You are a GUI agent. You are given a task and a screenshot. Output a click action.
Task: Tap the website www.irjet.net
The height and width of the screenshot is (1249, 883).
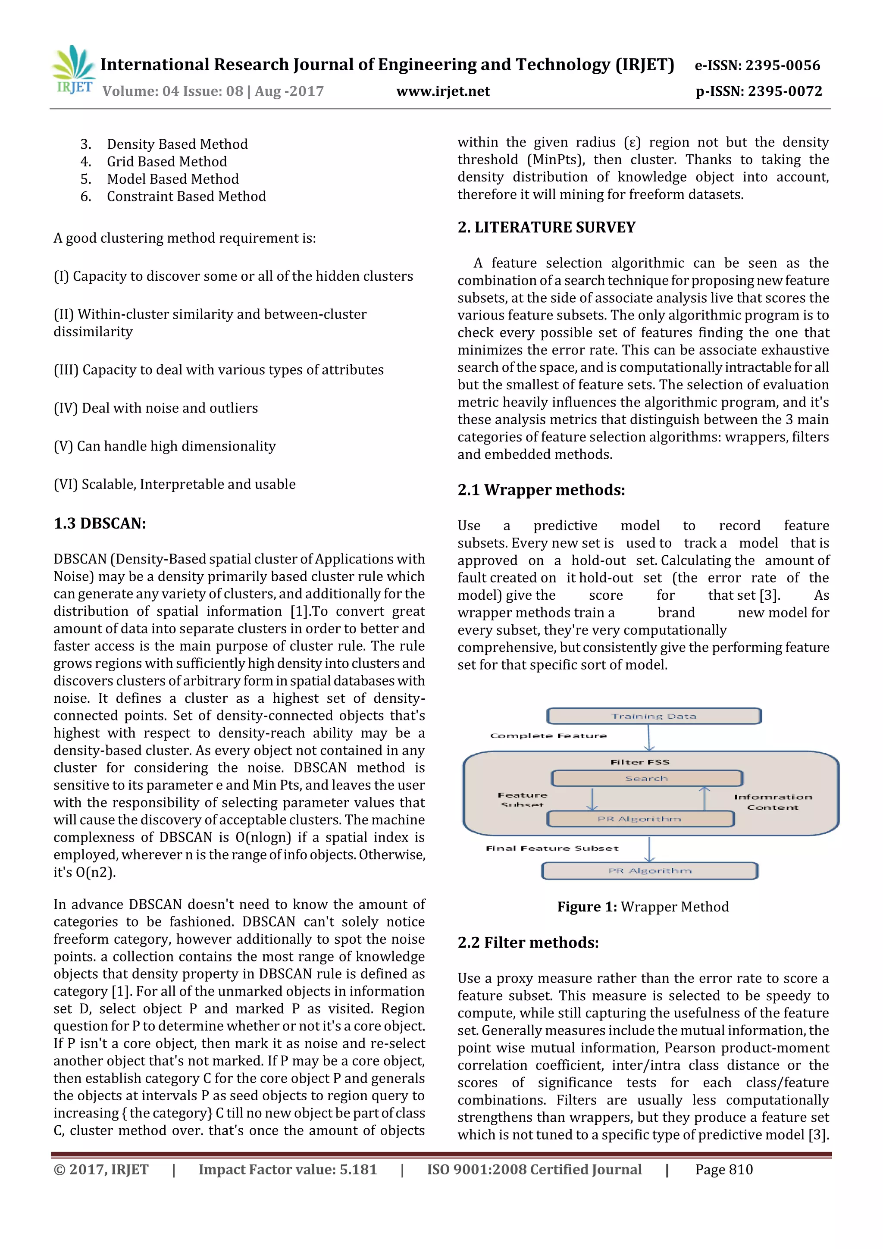click(443, 91)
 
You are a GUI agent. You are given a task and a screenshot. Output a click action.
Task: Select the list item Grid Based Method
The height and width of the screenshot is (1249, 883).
click(166, 162)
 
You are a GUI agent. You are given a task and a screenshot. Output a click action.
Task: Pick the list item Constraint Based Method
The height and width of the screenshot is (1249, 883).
click(186, 196)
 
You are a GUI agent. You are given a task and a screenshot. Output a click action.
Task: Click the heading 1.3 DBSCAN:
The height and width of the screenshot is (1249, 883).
click(100, 523)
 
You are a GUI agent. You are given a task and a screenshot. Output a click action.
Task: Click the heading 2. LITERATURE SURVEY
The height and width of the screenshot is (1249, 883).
click(546, 227)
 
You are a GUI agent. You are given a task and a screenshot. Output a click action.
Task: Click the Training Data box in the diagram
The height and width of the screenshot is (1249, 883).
click(653, 716)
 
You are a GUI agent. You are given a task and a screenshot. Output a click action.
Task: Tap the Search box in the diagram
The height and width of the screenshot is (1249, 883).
click(646, 779)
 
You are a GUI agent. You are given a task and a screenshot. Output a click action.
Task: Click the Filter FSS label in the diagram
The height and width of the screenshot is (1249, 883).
click(640, 762)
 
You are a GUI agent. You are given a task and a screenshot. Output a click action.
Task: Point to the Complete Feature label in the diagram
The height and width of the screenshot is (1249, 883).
click(548, 736)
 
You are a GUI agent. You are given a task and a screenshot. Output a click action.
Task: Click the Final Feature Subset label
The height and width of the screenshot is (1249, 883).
click(552, 848)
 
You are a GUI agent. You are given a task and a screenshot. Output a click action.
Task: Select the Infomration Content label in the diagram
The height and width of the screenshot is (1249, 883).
click(773, 802)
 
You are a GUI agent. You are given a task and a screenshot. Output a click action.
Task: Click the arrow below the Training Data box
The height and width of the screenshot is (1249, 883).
click(649, 738)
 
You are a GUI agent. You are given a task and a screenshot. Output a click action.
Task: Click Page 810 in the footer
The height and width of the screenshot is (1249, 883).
click(723, 1170)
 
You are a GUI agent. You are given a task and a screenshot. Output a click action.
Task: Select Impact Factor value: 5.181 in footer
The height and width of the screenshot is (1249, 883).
click(287, 1170)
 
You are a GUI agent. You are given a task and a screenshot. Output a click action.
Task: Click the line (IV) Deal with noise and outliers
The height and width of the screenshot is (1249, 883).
click(156, 408)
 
